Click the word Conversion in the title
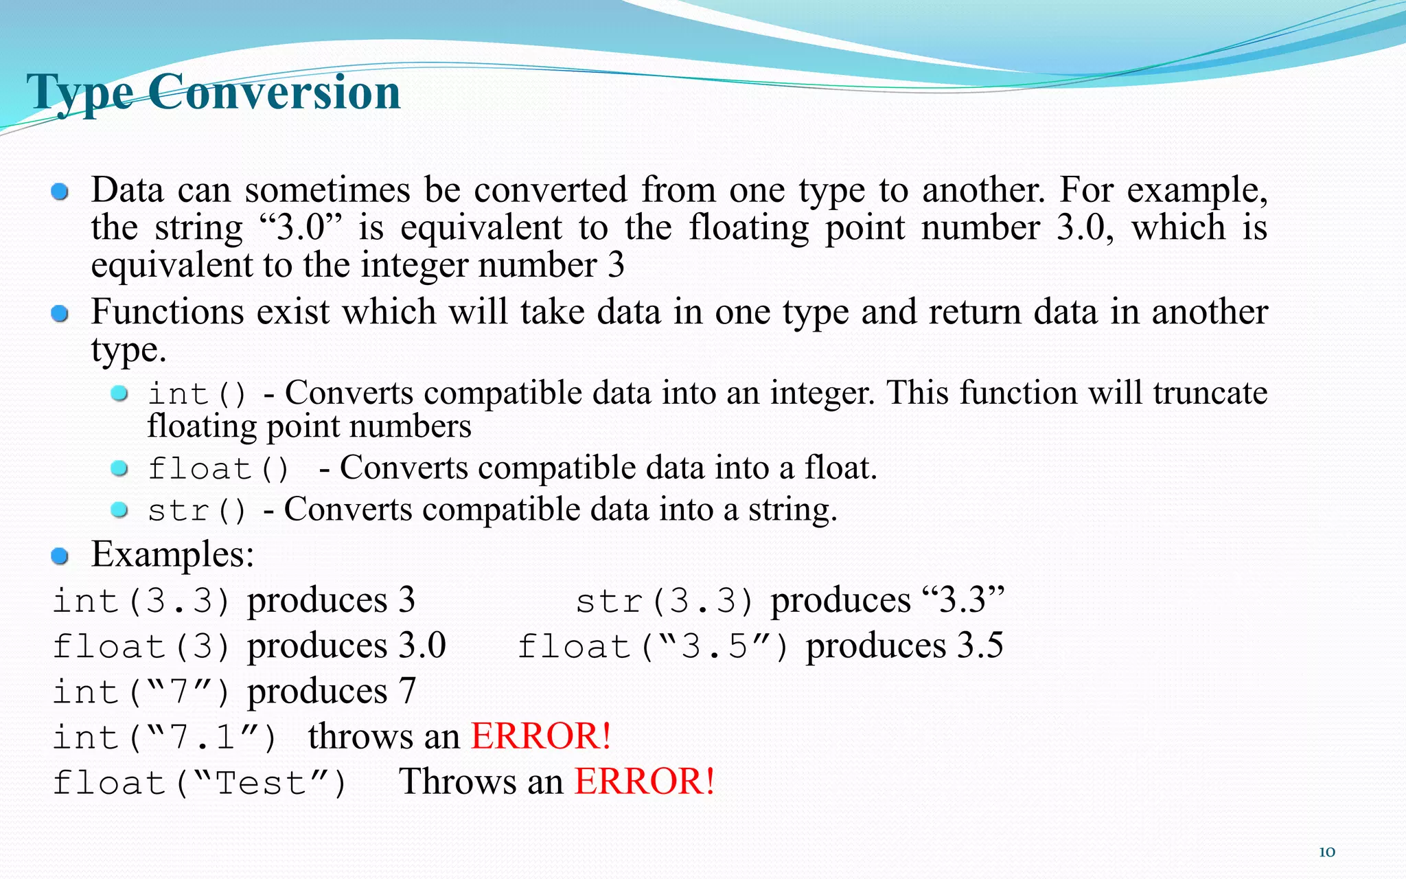(x=274, y=93)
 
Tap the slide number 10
(x=1326, y=852)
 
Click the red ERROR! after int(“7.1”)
(x=540, y=736)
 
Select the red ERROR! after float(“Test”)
(x=645, y=781)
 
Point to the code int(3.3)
(x=141, y=601)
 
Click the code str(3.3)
(x=665, y=601)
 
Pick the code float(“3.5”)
(x=652, y=646)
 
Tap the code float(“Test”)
(x=200, y=782)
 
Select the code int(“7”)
(x=141, y=692)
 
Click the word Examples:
(x=172, y=554)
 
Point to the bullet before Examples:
(x=60, y=556)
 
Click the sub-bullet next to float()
(x=119, y=468)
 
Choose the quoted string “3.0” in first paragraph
(x=301, y=227)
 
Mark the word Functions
(x=168, y=312)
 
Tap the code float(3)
(x=141, y=646)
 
